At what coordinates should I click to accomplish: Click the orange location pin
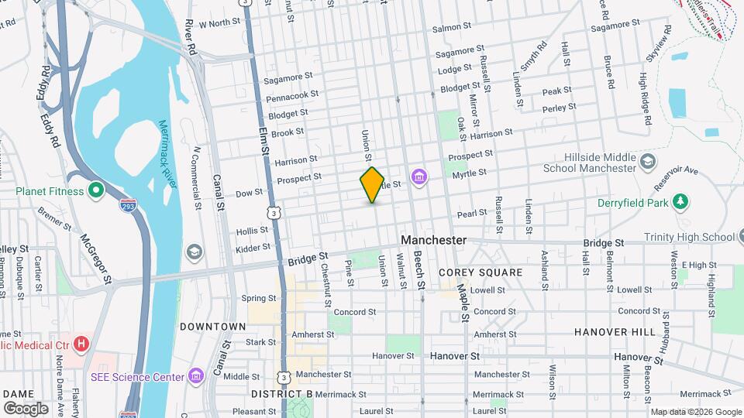click(372, 184)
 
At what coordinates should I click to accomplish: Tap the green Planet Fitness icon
click(95, 190)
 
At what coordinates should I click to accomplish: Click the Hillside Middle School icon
click(649, 162)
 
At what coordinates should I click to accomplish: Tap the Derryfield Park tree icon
click(680, 202)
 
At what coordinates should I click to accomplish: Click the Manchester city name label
click(434, 240)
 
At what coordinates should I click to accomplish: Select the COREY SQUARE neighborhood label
click(471, 272)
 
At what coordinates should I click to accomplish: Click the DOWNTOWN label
click(213, 327)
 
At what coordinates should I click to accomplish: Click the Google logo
click(26, 408)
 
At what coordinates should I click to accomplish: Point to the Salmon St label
click(453, 28)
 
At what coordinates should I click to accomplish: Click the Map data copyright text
click(694, 412)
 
